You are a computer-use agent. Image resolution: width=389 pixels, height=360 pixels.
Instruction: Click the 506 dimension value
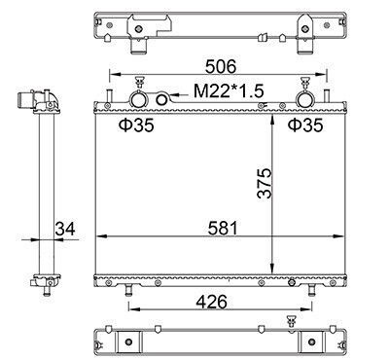pos(221,66)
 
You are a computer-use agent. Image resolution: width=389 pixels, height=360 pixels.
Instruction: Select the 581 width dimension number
pos(223,228)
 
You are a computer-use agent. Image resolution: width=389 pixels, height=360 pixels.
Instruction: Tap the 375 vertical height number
pos(265,183)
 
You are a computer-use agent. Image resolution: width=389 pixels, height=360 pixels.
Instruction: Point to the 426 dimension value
pos(212,303)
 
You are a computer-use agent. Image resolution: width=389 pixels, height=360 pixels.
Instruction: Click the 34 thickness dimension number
pos(65,229)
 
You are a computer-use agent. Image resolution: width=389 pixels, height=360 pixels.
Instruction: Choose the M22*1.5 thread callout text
pos(229,91)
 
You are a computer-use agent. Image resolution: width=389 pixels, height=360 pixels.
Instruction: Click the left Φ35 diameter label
pos(136,126)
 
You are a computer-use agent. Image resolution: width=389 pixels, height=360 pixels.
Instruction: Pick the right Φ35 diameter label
pos(305,126)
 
